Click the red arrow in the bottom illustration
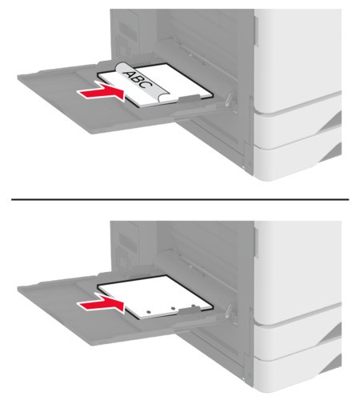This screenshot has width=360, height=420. (102, 304)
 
